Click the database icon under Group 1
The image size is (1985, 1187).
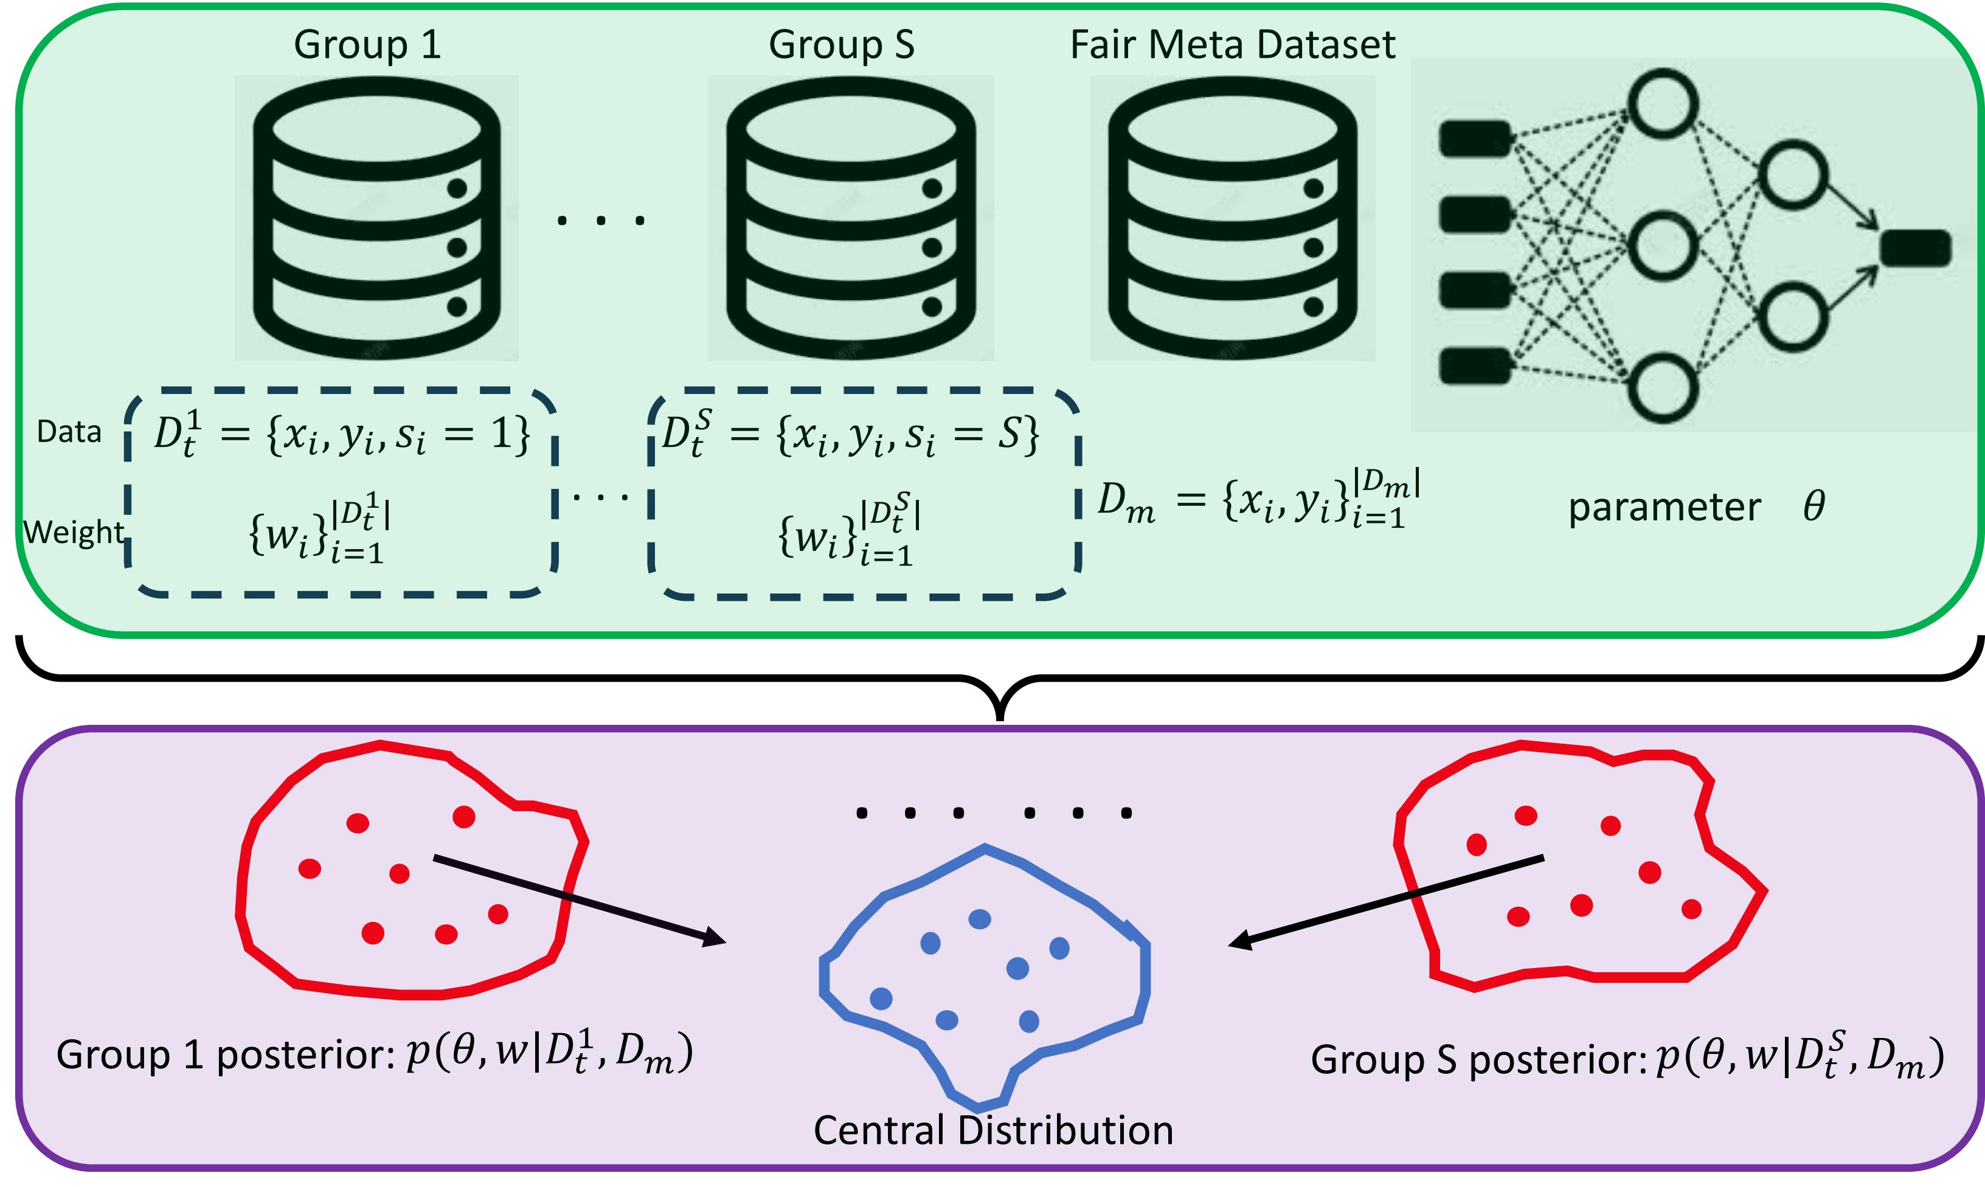pyautogui.click(x=376, y=218)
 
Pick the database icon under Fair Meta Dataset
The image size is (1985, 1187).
pyautogui.click(x=1233, y=218)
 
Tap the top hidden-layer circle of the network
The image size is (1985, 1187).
pyautogui.click(x=1663, y=104)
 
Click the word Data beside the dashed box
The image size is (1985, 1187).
pyautogui.click(x=69, y=432)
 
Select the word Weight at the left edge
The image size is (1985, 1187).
pyautogui.click(x=74, y=532)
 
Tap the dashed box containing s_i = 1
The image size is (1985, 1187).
pyautogui.click(x=341, y=493)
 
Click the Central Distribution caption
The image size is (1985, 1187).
pyautogui.click(x=992, y=1130)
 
